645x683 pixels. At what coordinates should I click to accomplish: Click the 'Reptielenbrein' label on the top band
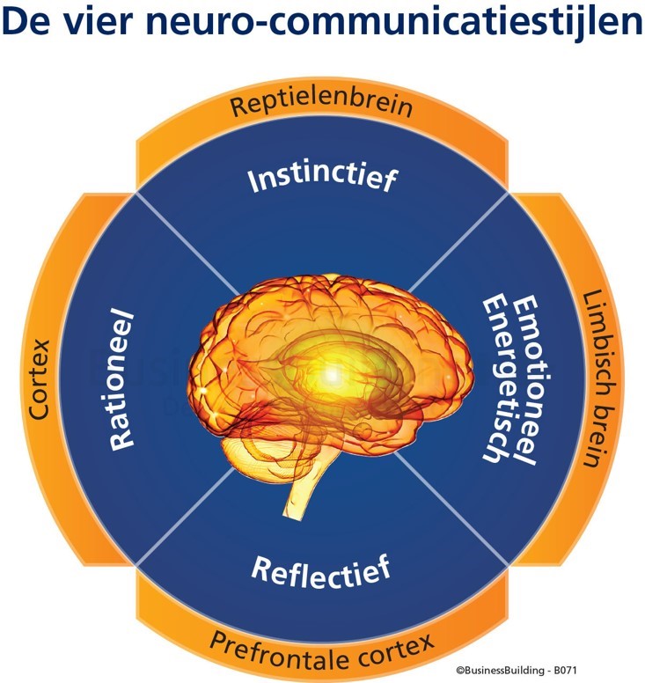(321, 106)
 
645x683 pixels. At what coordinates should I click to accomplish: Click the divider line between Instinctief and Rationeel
(185, 243)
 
